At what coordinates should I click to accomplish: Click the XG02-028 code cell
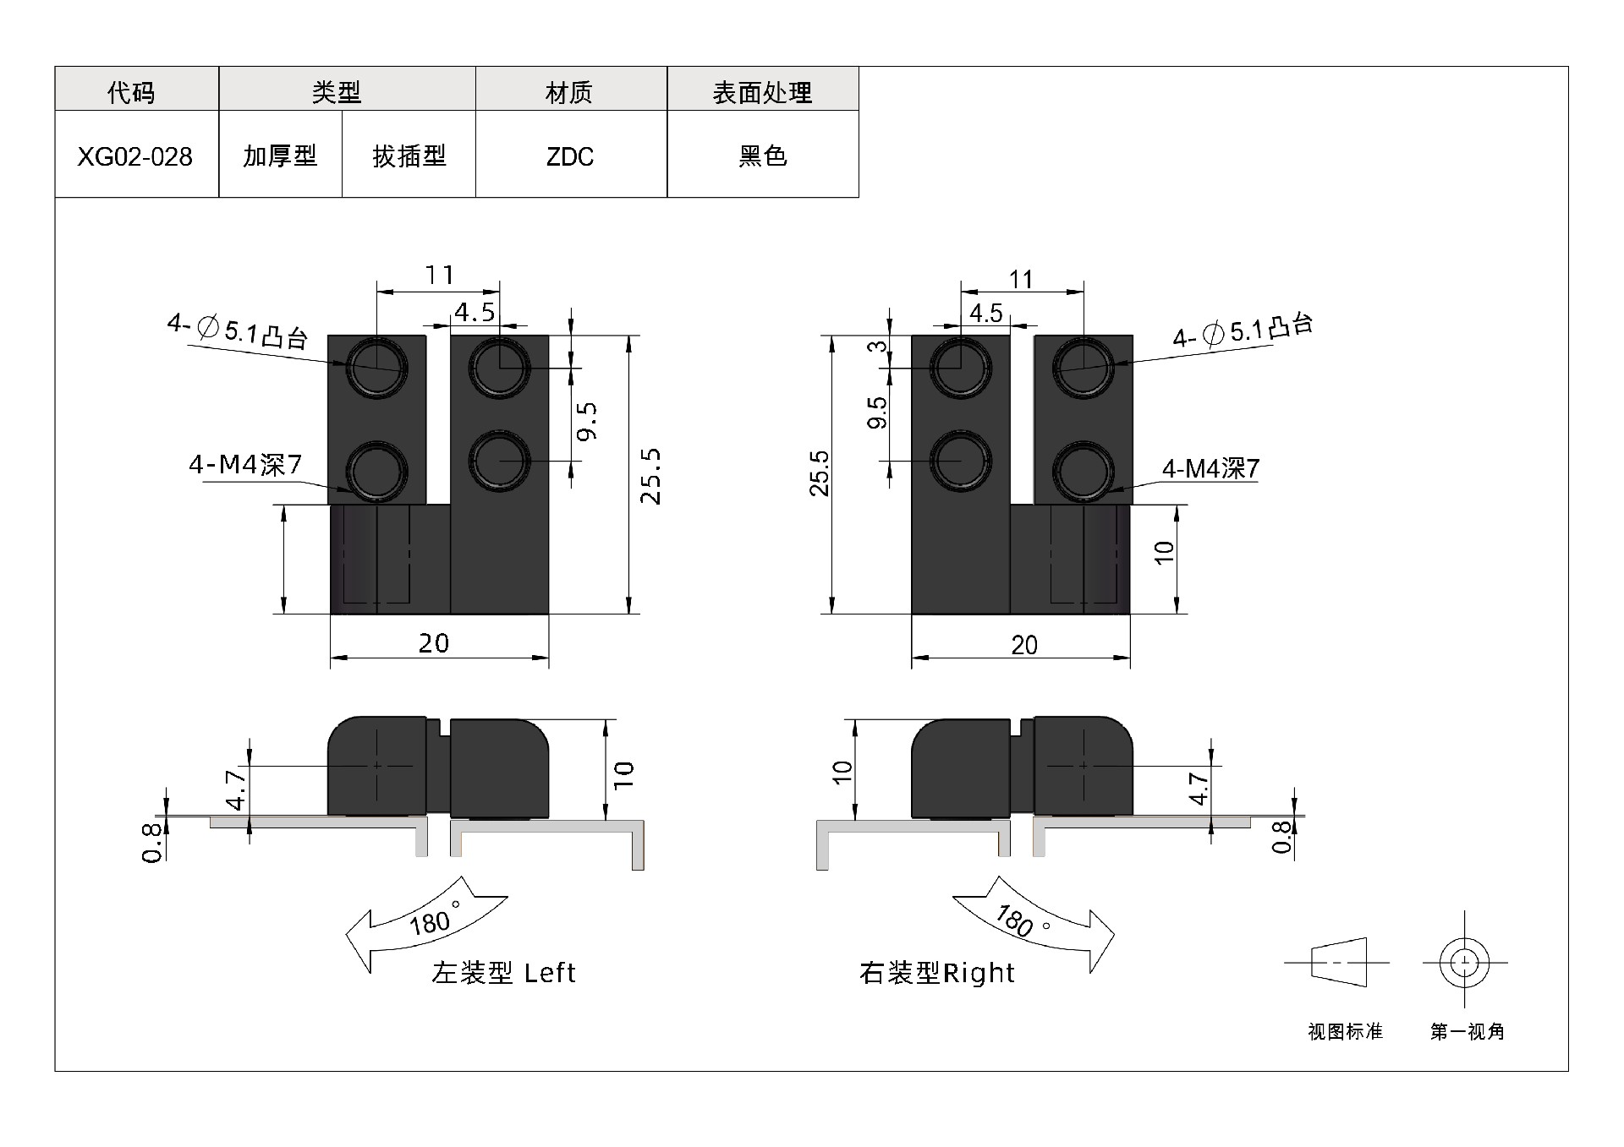click(135, 156)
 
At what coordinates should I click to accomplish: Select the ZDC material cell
click(571, 156)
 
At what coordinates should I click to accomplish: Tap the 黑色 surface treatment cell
click(763, 156)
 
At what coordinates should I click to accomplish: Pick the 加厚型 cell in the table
click(280, 156)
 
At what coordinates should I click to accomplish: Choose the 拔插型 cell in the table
click(409, 156)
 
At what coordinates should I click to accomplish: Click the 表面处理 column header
click(763, 91)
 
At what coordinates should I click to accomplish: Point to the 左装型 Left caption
click(504, 973)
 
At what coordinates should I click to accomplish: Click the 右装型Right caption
click(937, 973)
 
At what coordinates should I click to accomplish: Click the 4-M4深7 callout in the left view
click(245, 464)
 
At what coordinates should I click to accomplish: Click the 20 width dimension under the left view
click(434, 644)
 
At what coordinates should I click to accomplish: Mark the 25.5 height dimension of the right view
click(819, 473)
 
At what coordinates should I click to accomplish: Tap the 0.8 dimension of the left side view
click(152, 842)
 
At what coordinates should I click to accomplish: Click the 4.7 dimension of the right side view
click(1199, 788)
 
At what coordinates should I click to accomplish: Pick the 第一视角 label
click(1468, 1031)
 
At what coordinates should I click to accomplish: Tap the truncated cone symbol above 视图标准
click(1339, 962)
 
